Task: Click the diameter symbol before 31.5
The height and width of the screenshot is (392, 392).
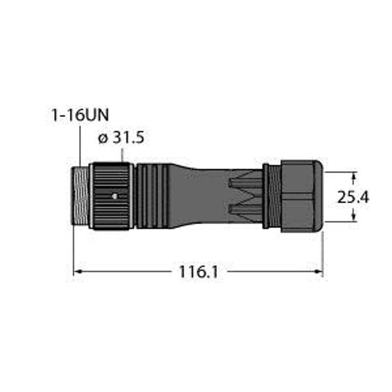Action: [101, 139]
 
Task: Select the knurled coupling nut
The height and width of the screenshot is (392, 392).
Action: [111, 196]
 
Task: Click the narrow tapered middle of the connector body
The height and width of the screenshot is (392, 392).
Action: [203, 196]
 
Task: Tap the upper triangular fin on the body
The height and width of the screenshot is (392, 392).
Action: [245, 184]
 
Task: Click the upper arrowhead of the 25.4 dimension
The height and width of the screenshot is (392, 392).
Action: [355, 175]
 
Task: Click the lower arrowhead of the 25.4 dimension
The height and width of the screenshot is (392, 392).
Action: [355, 219]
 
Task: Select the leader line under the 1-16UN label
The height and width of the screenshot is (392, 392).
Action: [79, 144]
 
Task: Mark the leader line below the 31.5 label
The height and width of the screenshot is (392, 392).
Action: [123, 154]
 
